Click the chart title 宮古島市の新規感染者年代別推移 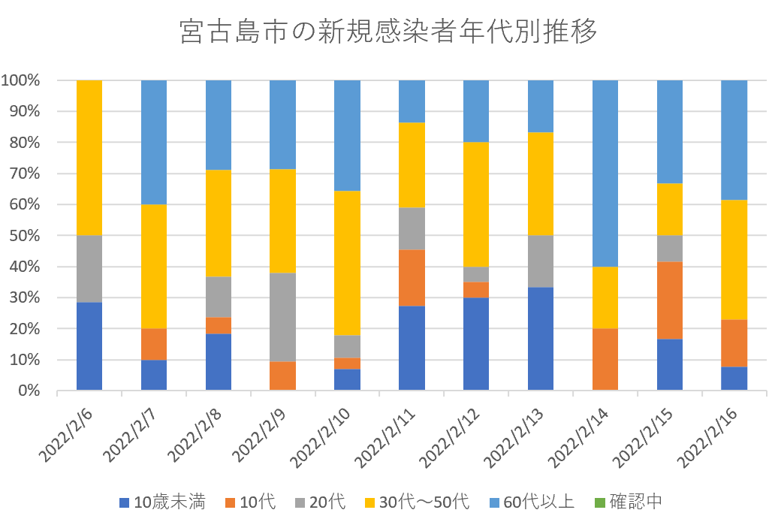(x=384, y=32)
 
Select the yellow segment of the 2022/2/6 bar (x=89, y=158)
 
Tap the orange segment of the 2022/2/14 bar (x=605, y=359)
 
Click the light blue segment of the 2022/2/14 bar (x=605, y=173)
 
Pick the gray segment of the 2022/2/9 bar (x=282, y=317)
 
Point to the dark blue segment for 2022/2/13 (x=541, y=338)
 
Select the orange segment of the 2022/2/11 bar (x=412, y=277)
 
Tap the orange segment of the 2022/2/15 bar (x=669, y=300)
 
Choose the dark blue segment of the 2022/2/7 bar (x=154, y=375)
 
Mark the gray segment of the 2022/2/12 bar (x=476, y=274)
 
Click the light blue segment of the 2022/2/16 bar (x=734, y=140)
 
